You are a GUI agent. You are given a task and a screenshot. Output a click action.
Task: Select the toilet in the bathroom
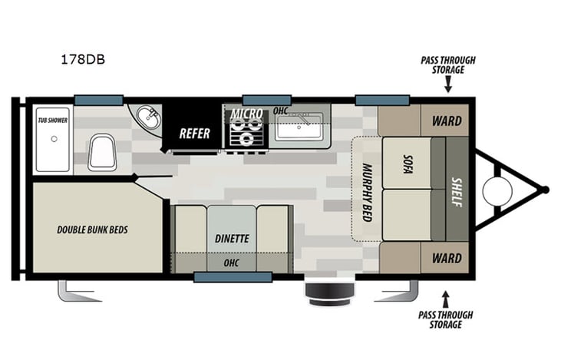101,151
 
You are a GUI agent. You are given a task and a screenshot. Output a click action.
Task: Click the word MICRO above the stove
246,114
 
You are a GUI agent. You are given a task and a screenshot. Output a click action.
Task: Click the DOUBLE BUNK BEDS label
92,230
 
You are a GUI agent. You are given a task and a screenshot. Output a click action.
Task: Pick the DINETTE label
232,238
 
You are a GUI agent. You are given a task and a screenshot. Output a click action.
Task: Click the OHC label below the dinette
232,263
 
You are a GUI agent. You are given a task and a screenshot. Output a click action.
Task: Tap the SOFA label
408,162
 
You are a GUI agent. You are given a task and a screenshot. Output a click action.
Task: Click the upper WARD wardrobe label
446,121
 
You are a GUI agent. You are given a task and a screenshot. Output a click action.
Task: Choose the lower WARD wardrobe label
446,259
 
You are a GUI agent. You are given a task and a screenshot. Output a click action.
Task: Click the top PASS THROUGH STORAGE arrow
447,88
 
